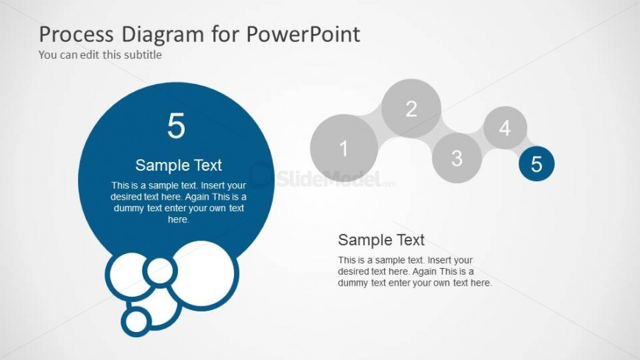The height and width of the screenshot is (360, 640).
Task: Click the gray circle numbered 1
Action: [x=344, y=147]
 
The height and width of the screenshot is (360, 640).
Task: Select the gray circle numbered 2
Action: [x=411, y=108]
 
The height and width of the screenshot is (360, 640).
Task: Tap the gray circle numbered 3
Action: [x=457, y=158]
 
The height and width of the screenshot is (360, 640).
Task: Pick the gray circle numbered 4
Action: [x=505, y=128]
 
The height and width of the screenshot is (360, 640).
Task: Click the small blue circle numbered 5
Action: [x=536, y=164]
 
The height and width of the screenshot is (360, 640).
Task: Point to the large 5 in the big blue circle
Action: [x=177, y=126]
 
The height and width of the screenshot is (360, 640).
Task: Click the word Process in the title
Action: [x=77, y=34]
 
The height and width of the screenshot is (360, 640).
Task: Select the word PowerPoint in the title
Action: [x=303, y=34]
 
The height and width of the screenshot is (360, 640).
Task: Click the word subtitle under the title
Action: [x=143, y=54]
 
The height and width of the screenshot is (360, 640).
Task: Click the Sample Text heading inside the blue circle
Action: [x=178, y=165]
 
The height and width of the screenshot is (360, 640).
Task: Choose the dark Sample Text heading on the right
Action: [x=381, y=240]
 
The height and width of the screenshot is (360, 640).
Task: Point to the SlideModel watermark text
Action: [x=330, y=179]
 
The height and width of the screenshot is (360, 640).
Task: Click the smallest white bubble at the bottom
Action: [x=136, y=321]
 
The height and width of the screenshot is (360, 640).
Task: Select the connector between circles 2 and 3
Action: [x=438, y=133]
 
